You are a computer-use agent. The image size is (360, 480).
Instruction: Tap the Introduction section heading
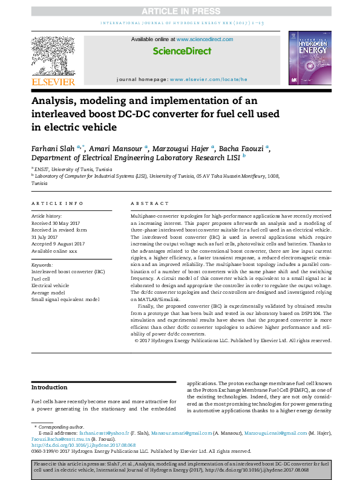point(50,388)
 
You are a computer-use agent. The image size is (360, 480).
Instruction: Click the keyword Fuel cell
point(41,279)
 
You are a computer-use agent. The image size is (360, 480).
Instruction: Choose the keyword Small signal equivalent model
point(65,299)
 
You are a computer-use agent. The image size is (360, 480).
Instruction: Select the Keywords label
point(42,265)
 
